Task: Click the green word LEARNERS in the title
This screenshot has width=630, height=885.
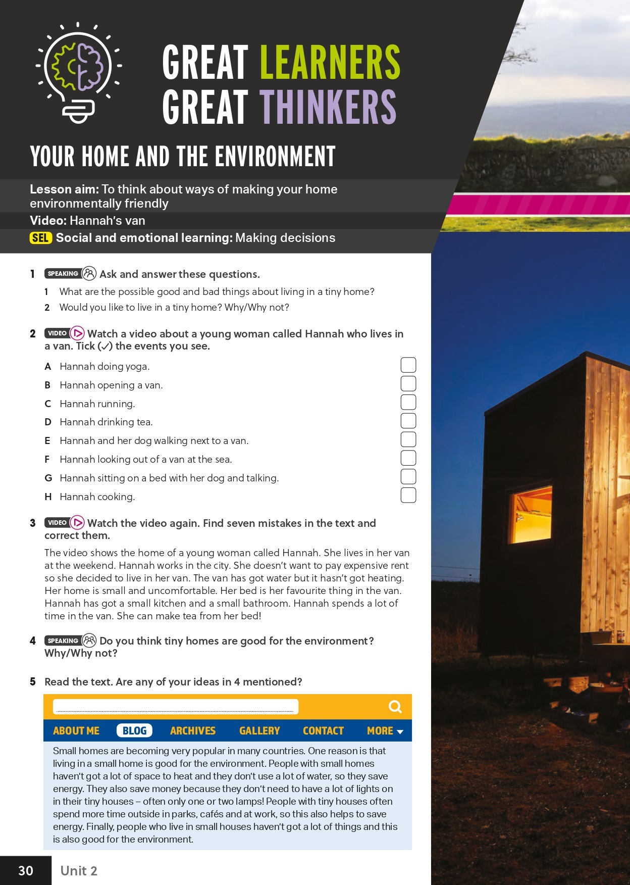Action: point(330,62)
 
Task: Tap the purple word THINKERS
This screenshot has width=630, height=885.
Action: point(328,107)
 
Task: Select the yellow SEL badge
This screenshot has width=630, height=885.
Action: point(40,238)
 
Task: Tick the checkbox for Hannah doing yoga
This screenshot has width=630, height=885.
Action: point(408,365)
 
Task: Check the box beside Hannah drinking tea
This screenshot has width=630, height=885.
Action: point(408,421)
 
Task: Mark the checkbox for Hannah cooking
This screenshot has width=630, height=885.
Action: point(408,495)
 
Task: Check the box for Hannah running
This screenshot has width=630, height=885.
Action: point(408,402)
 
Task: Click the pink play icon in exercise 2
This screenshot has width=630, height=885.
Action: point(77,333)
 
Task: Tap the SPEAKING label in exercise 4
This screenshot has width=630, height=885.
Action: point(63,641)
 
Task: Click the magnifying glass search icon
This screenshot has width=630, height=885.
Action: point(395,707)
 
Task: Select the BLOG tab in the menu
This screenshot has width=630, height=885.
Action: point(134,730)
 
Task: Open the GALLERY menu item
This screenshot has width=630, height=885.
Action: point(259,730)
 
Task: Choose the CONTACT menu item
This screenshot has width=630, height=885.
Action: point(323,730)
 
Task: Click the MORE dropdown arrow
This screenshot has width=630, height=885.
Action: point(400,731)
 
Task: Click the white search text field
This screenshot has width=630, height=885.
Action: point(175,706)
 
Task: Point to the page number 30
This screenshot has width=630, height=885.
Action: point(26,870)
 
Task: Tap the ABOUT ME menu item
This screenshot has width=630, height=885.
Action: point(76,730)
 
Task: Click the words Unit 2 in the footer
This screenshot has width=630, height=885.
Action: point(79,870)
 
